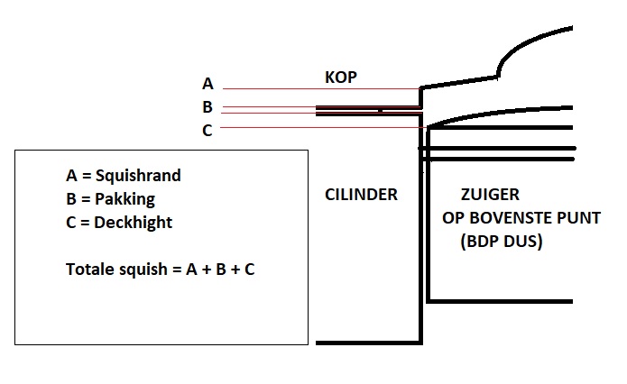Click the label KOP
tap(341, 78)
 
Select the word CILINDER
tap(361, 195)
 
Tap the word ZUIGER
tap(489, 195)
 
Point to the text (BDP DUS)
tap(500, 242)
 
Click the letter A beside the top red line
tap(207, 84)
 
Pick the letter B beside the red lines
tap(207, 107)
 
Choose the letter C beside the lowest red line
tap(207, 131)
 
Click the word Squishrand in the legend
tap(143, 176)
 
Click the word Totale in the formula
tap(90, 270)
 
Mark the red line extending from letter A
tap(316, 88)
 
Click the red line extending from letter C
tap(316, 128)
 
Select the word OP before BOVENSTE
tap(453, 218)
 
